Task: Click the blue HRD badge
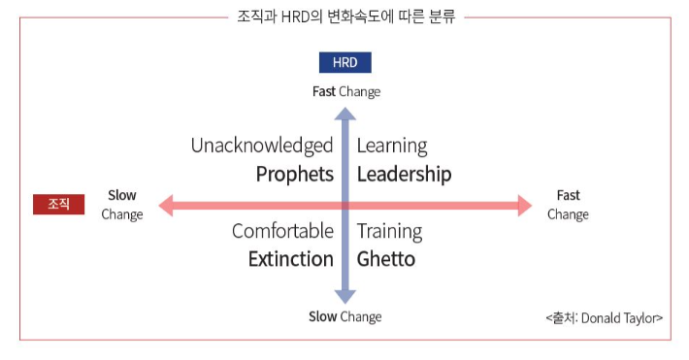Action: [x=344, y=62]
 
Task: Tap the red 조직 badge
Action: [x=58, y=205]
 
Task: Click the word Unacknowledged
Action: [x=262, y=147]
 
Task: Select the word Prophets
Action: [x=295, y=175]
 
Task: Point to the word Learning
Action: [x=392, y=147]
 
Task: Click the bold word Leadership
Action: [x=405, y=175]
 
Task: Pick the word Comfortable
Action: [x=283, y=231]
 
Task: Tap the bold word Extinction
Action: [x=291, y=259]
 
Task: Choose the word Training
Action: [x=390, y=232]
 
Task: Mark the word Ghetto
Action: [x=386, y=259]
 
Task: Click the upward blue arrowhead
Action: [x=344, y=114]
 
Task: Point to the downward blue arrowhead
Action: [x=344, y=297]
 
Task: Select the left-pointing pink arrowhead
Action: [x=166, y=206]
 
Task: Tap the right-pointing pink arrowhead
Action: [x=525, y=206]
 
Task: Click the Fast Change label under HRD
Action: [x=346, y=92]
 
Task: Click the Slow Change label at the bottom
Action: [x=344, y=317]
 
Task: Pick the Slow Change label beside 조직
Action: [x=122, y=205]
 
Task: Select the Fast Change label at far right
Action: [x=568, y=205]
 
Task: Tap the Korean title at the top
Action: [x=346, y=16]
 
